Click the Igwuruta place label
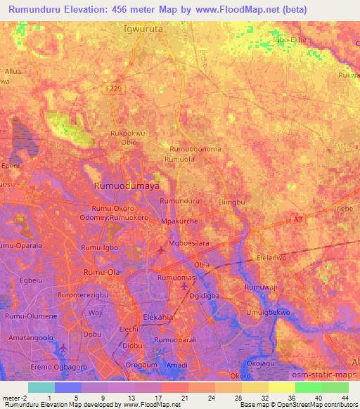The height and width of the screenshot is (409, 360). [147, 31]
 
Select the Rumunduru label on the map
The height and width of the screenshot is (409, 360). [180, 201]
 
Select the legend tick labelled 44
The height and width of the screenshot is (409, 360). [345, 398]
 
